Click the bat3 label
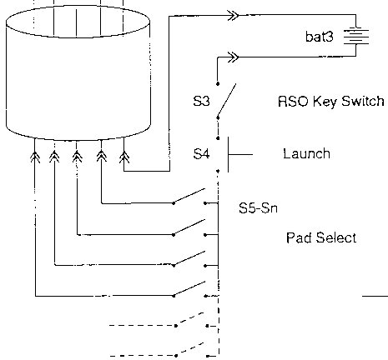[319, 37]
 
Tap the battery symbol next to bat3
[356, 36]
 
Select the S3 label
[201, 101]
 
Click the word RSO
[293, 101]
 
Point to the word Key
[325, 102]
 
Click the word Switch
[363, 101]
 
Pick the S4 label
[201, 153]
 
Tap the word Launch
[306, 153]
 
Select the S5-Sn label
[258, 207]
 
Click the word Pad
[299, 237]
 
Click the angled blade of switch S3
[227, 100]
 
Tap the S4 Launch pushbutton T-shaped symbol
[240, 154]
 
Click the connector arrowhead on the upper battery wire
[233, 15]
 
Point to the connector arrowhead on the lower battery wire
[233, 57]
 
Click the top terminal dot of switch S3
[218, 83]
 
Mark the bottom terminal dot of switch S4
[218, 171]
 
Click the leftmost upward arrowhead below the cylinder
[35, 157]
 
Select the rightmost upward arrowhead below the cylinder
[124, 157]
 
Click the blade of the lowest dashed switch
[189, 349]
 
